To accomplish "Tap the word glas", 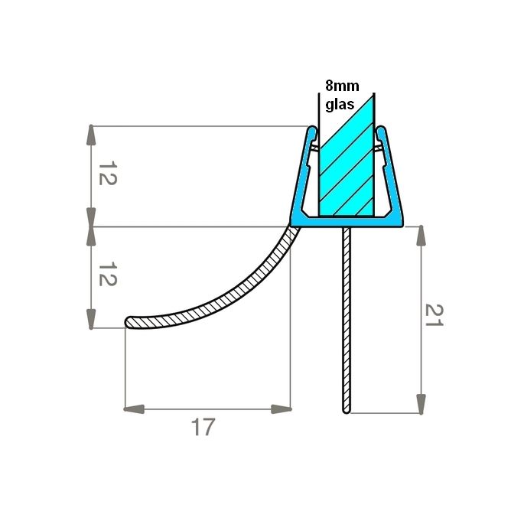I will (x=342, y=106).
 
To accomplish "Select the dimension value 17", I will (x=203, y=427).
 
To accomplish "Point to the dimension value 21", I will (x=434, y=314).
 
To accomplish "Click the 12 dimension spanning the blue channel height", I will (x=107, y=175).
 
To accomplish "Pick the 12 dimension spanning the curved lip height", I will (x=107, y=277).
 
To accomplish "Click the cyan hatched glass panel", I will (x=347, y=164).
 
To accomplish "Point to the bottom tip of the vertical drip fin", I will (x=346, y=411).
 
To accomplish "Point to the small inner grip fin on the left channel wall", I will (x=314, y=145).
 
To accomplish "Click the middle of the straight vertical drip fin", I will (x=346, y=321).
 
